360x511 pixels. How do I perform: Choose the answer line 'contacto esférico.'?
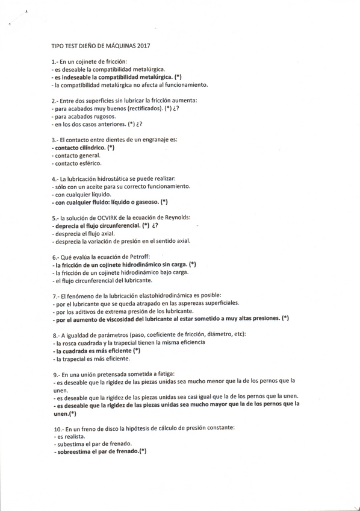coord(78,163)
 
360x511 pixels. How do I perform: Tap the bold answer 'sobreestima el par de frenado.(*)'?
coord(101,451)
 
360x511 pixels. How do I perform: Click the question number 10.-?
coord(58,427)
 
